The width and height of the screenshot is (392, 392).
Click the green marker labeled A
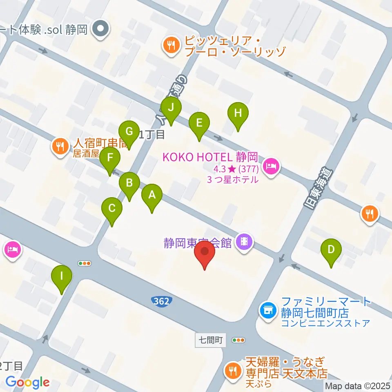[152, 196]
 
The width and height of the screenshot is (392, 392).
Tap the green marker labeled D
[331, 250]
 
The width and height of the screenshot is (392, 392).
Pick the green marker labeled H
[238, 113]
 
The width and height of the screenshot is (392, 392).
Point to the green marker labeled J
[171, 108]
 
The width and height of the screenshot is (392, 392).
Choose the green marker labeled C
[112, 209]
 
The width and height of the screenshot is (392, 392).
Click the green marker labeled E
[199, 123]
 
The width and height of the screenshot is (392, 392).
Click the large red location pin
[204, 252]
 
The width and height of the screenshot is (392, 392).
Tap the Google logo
[27, 382]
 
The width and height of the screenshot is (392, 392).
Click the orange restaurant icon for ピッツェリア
[170, 44]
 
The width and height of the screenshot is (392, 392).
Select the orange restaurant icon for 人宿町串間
[60, 146]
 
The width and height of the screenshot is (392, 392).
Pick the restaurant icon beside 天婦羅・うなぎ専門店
[233, 371]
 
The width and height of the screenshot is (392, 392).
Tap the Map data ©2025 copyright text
[358, 385]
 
